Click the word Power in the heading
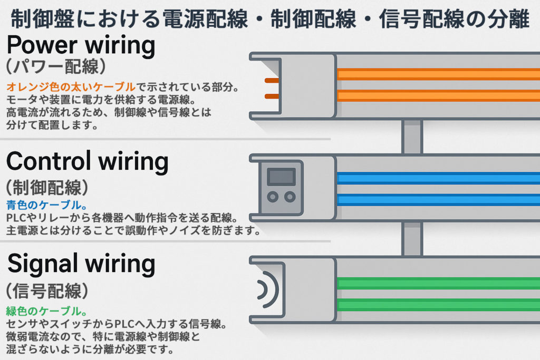36,46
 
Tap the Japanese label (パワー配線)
58,68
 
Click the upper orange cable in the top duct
438,74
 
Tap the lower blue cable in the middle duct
438,200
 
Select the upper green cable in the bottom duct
438,283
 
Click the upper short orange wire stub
271,81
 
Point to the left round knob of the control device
273,197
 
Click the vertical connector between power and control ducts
412,137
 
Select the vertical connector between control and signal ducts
412,239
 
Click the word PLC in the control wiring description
15,218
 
